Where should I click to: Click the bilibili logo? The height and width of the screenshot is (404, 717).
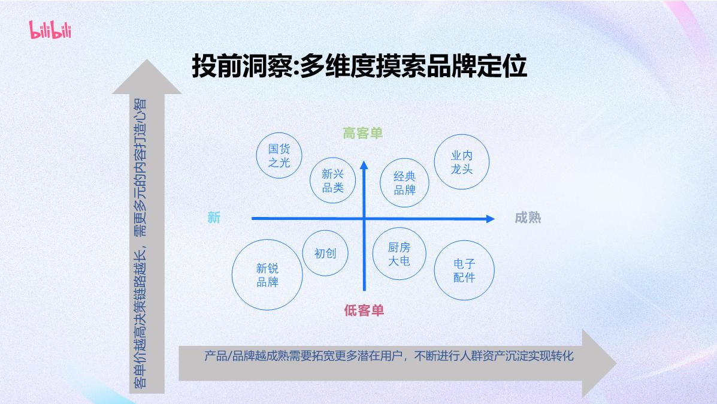pos(50,29)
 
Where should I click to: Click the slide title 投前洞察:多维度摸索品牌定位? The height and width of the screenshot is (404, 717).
pos(359,67)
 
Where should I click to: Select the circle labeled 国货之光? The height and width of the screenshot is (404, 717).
pos(279,155)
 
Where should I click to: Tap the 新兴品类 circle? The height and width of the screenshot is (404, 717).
pos(333,181)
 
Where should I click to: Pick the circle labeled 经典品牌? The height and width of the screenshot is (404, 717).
pos(404,183)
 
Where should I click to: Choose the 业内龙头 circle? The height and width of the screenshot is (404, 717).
pos(462,162)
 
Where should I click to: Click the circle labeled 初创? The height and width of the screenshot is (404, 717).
pos(325,253)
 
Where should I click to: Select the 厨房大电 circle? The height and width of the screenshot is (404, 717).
pos(399,254)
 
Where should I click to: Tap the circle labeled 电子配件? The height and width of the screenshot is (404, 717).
pos(464,271)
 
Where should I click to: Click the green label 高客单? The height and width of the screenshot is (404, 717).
pos(362,133)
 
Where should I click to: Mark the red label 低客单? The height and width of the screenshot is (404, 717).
pos(364,310)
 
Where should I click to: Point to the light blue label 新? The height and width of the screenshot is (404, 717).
pos(214,218)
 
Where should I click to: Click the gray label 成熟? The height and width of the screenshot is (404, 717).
pos(528,218)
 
